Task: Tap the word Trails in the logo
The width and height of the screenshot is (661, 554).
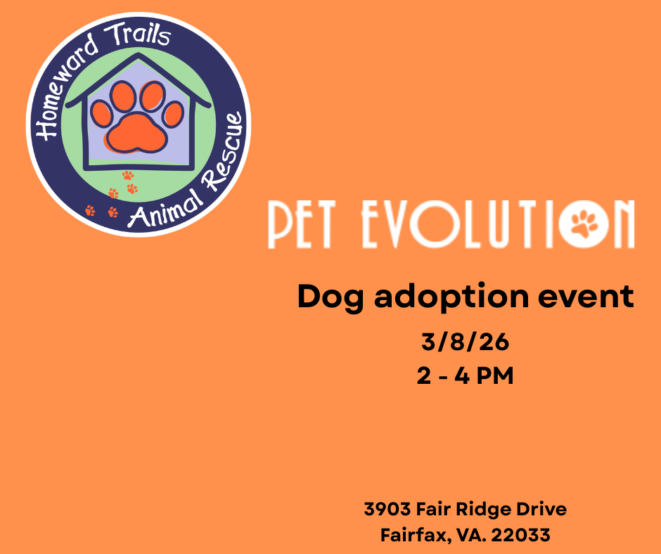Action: tap(138, 34)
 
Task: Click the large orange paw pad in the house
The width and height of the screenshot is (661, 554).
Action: tap(136, 132)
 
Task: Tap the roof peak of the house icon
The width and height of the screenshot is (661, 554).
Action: tap(139, 54)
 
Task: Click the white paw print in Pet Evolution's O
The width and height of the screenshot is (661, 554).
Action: tap(584, 223)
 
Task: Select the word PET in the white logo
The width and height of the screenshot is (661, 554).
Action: tap(302, 224)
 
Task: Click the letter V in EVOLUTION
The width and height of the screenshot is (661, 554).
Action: tap(394, 224)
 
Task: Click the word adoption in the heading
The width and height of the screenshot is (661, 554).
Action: tap(451, 297)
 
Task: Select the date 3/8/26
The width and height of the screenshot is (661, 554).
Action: tap(465, 342)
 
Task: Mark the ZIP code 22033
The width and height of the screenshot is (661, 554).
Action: tap(520, 535)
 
